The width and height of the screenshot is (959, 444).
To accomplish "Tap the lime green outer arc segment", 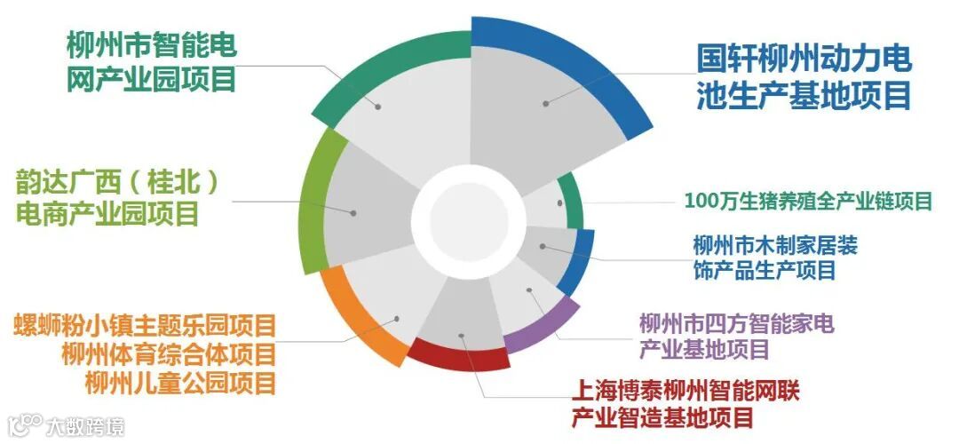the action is tap(313, 204).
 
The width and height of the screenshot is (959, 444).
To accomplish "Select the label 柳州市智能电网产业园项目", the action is tap(151, 62).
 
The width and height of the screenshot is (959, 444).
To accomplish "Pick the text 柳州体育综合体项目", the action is tap(168, 353).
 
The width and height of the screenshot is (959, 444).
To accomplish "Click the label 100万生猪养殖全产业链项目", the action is tap(808, 201).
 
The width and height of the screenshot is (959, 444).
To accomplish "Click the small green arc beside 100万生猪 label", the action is tap(576, 202).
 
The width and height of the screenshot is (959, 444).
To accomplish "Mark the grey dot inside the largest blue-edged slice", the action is tap(546, 104).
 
